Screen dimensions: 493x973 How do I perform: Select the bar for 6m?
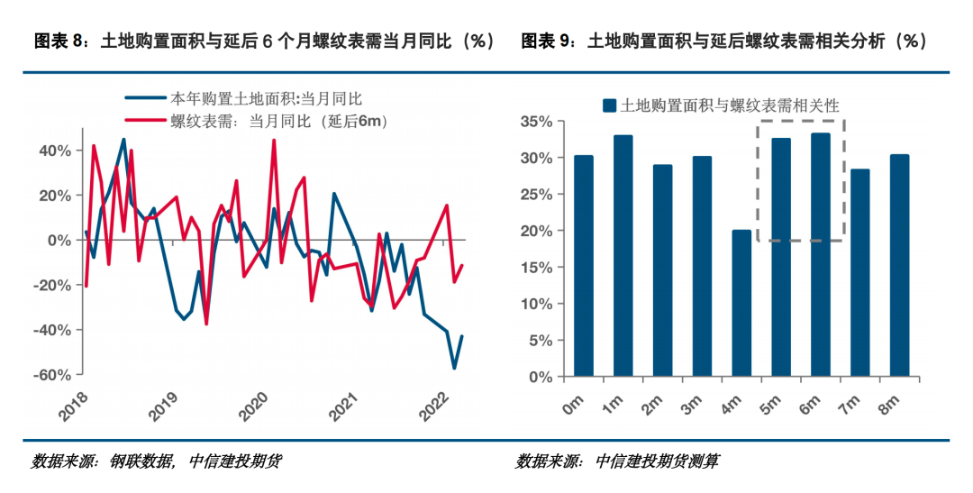pyautogui.click(x=820, y=255)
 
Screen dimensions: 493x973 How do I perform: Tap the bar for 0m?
pyautogui.click(x=584, y=266)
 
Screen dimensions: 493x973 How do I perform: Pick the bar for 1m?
pyautogui.click(x=623, y=256)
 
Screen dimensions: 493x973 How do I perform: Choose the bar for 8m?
pyautogui.click(x=899, y=265)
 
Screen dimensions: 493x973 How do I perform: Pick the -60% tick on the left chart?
pyautogui.click(x=55, y=375)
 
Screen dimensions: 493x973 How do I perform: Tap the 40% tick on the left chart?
pyautogui.click(x=56, y=151)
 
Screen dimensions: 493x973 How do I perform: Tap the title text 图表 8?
pyautogui.click(x=60, y=41)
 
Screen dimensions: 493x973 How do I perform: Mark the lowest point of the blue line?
pyautogui.click(x=454, y=368)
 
